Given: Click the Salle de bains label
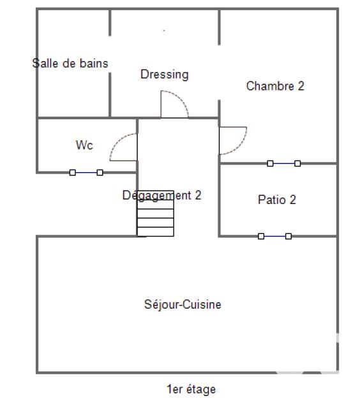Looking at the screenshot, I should tap(70, 63).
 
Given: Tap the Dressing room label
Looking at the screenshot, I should tap(165, 75).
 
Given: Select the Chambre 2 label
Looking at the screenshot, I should tap(275, 86).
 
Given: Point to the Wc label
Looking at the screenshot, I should tap(84, 145).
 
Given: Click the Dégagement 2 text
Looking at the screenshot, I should tap(161, 196).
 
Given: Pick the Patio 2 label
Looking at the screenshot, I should tap(277, 200).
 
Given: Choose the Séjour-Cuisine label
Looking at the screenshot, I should tap(183, 305).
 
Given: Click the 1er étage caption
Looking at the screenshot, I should tap(191, 389).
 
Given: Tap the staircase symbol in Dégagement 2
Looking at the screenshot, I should tap(155, 217).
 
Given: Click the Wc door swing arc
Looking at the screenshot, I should tap(123, 147).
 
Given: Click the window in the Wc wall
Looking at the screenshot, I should tap(86, 172).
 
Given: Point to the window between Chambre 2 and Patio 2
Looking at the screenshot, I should tap(284, 164).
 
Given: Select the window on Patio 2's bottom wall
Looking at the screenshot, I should tap(274, 236).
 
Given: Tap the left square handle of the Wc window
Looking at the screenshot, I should tap(72, 172).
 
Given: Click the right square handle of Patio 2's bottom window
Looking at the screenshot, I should tap(289, 236).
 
